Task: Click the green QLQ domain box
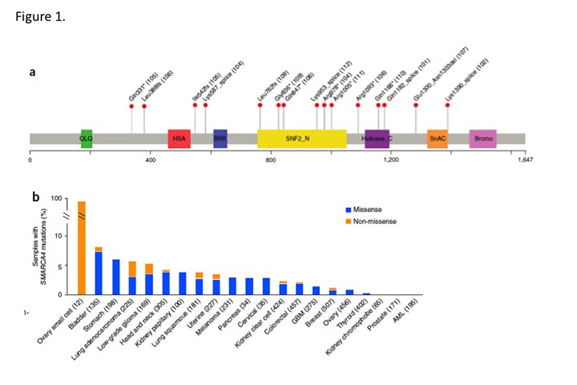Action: pyautogui.click(x=87, y=139)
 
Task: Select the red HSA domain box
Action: pyautogui.click(x=179, y=139)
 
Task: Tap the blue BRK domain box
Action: pyautogui.click(x=220, y=139)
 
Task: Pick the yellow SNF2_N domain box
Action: pyautogui.click(x=302, y=139)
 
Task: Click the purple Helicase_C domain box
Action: pyautogui.click(x=377, y=139)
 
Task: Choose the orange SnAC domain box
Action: pyautogui.click(x=438, y=139)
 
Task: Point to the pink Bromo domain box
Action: pyautogui.click(x=483, y=139)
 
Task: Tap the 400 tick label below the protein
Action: pyautogui.click(x=150, y=159)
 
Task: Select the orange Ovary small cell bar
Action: pyautogui.click(x=81, y=248)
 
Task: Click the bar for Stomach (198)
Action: pyautogui.click(x=116, y=277)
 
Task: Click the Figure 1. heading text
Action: pyautogui.click(x=33, y=18)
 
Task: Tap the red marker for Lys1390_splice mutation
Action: pyautogui.click(x=448, y=105)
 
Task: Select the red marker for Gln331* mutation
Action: pyautogui.click(x=132, y=106)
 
